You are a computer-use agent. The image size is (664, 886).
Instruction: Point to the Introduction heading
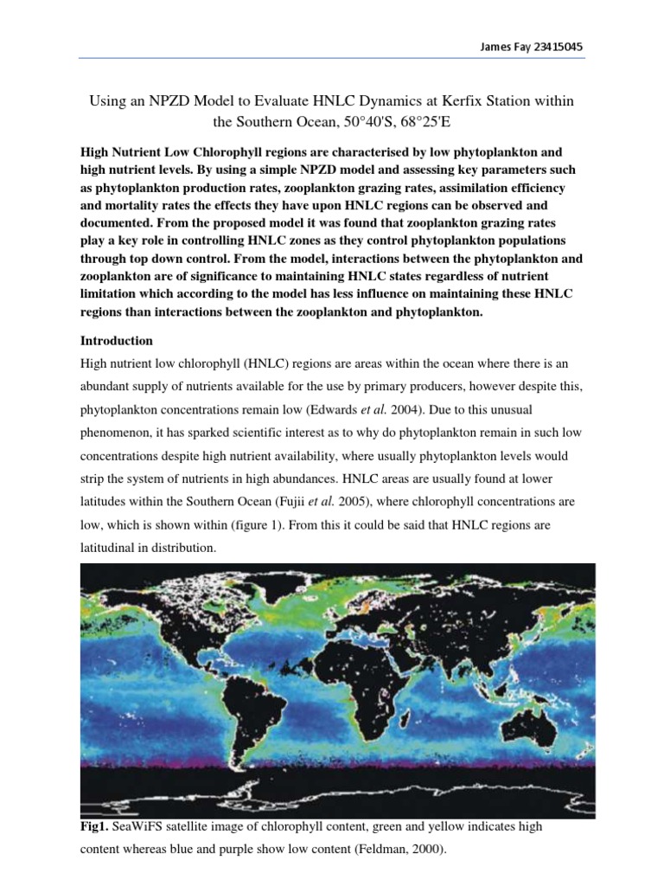tap(116, 340)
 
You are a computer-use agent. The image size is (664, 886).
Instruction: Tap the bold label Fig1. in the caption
tap(93, 827)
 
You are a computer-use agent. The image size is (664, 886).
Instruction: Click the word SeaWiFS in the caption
tap(142, 827)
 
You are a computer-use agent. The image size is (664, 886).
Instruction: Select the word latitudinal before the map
tap(111, 549)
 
